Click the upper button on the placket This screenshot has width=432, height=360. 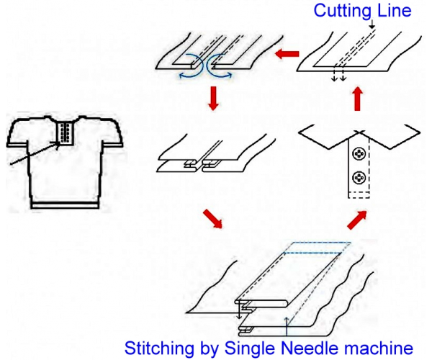359,153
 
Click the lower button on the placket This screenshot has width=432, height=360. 359,178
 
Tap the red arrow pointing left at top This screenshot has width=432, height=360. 287,54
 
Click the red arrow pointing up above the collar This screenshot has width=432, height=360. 357,99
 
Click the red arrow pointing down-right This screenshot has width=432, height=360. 212,219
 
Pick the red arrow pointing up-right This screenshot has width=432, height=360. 357,220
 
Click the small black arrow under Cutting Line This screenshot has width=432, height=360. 372,24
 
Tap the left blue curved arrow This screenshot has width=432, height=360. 191,66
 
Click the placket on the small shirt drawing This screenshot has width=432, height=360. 66,133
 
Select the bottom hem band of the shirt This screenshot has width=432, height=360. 66,205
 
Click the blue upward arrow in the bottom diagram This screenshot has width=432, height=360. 287,326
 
